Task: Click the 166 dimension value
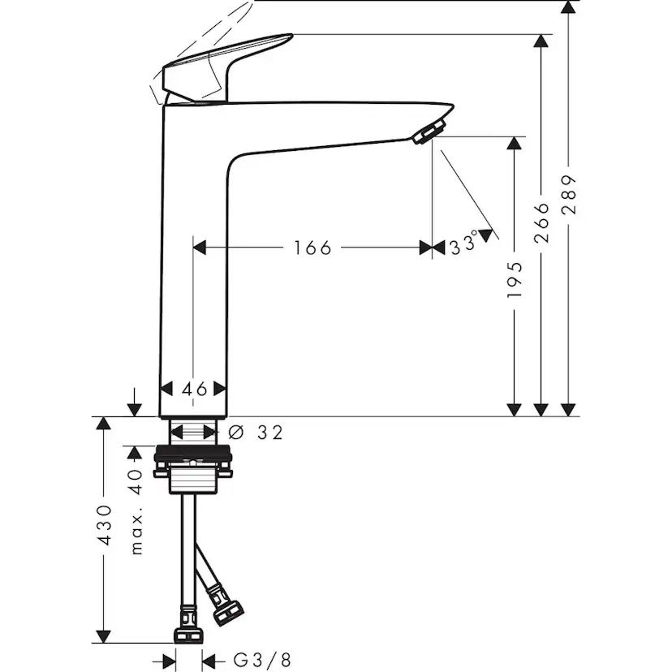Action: [312, 248]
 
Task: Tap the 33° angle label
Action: [464, 246]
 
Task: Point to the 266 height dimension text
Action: [542, 222]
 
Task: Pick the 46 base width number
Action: [194, 389]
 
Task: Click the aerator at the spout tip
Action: [429, 131]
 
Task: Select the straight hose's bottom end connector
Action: [188, 634]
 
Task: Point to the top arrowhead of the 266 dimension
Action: [542, 41]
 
